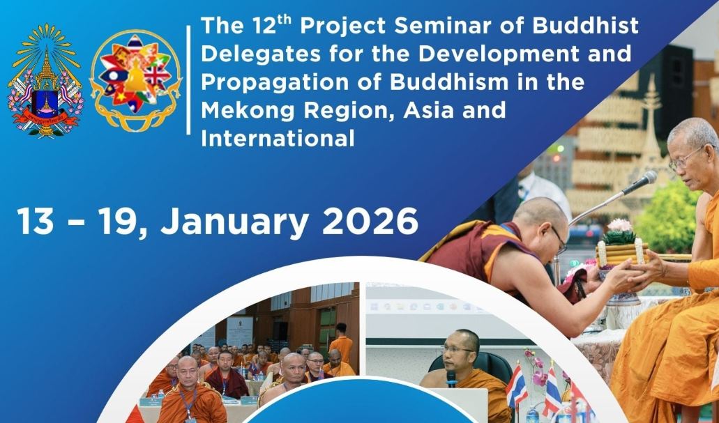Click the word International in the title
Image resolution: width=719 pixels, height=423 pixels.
pos(278,139)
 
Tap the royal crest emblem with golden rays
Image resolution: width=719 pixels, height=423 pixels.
pos(45,80)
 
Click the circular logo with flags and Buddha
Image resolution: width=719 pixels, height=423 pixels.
pos(135,80)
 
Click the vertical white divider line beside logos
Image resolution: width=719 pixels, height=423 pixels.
pos(188,80)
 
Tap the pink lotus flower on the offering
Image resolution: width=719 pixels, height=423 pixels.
pos(619,226)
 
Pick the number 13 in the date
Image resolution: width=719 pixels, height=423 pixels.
pos(35,222)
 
